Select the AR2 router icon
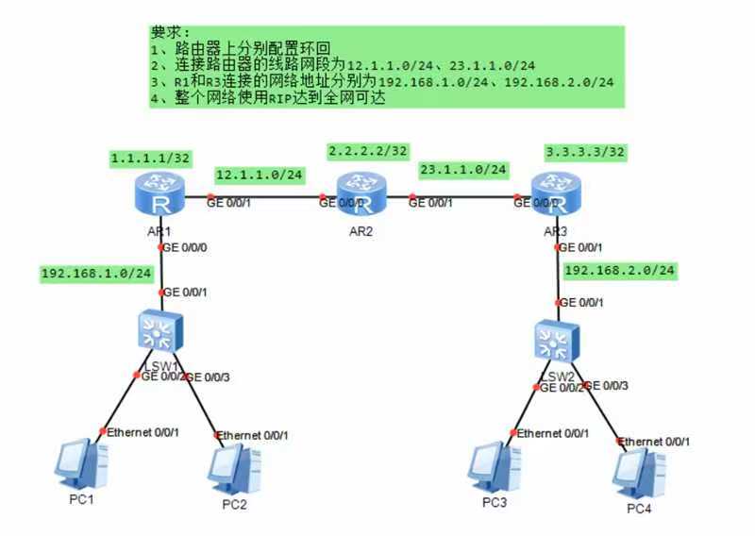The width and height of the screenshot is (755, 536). pyautogui.click(x=362, y=195)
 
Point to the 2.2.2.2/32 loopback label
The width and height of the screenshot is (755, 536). pyautogui.click(x=368, y=151)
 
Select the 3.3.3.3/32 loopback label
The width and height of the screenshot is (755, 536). pyautogui.click(x=585, y=151)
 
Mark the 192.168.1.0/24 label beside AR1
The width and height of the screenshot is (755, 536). pyautogui.click(x=96, y=274)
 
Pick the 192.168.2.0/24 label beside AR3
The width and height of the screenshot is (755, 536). pyautogui.click(x=620, y=271)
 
